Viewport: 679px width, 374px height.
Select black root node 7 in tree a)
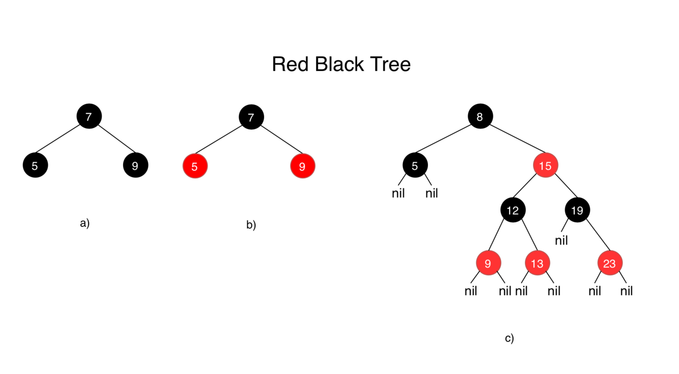pos(89,116)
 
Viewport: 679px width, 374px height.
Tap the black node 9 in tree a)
pos(135,165)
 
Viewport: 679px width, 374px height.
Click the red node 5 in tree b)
pos(195,166)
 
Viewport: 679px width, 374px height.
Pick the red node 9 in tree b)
pos(303,166)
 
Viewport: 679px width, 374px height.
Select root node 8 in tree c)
pos(480,116)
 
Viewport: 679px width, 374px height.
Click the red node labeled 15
pos(545,165)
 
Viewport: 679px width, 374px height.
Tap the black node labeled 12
pos(513,210)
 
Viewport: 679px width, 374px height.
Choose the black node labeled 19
pos(577,210)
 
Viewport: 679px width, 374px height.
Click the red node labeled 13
pos(537,263)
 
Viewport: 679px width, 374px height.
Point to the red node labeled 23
pos(610,263)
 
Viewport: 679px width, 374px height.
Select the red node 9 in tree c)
pos(488,263)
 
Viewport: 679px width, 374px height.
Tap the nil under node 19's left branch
pos(561,240)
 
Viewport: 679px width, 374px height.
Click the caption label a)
pos(85,223)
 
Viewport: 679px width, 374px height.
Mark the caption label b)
pos(251,224)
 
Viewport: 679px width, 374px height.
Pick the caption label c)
pos(509,338)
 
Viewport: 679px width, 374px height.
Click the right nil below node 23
pos(626,291)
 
